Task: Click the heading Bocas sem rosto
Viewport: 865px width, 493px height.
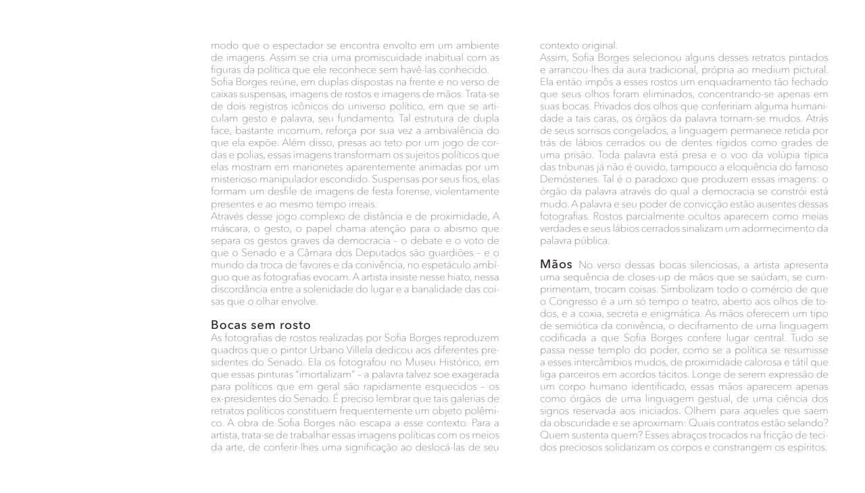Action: click(261, 326)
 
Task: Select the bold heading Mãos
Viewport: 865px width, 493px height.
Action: click(555, 264)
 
